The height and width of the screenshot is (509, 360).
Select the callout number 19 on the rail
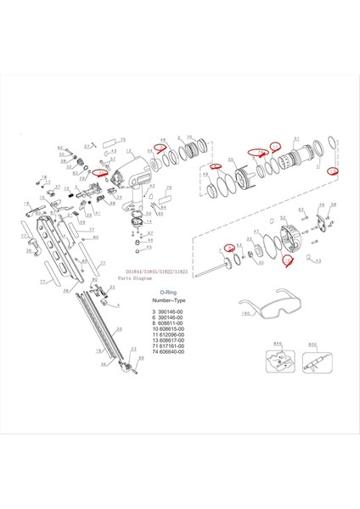pyautogui.click(x=98, y=349)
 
